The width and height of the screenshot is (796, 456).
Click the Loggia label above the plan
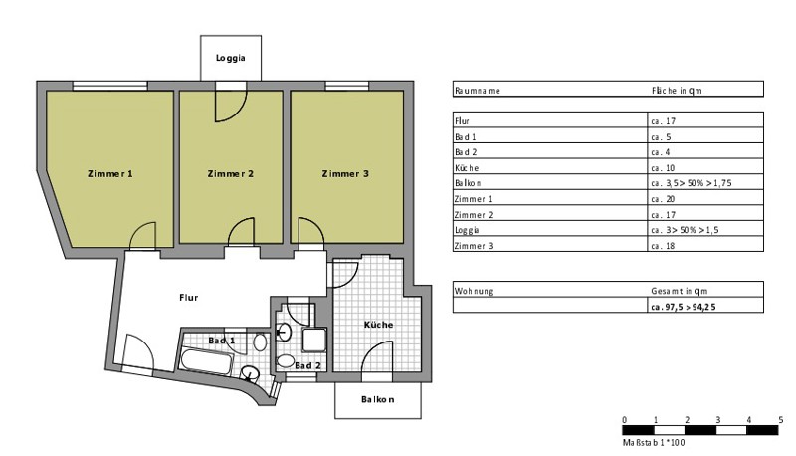click(x=231, y=58)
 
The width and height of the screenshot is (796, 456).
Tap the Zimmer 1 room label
click(x=110, y=173)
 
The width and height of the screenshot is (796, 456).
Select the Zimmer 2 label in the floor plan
click(x=231, y=173)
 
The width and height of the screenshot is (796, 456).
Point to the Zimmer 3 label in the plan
click(x=345, y=173)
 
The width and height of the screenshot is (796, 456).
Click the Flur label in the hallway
click(x=188, y=297)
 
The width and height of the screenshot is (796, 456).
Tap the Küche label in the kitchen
click(x=378, y=324)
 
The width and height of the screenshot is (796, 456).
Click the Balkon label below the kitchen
click(x=378, y=399)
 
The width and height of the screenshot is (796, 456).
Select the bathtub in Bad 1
click(x=207, y=361)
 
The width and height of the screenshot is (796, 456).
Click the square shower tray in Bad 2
click(x=314, y=340)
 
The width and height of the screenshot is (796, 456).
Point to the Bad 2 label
click(x=307, y=365)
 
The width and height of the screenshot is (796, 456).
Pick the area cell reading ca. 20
click(x=663, y=199)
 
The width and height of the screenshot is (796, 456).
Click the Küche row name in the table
click(x=467, y=168)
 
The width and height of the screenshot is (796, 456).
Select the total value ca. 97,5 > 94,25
click(x=684, y=307)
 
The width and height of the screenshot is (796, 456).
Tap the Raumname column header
click(x=478, y=91)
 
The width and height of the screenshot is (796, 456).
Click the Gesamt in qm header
click(x=680, y=291)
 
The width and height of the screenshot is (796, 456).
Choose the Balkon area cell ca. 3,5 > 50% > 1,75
click(x=692, y=183)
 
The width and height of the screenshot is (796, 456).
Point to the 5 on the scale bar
click(x=780, y=420)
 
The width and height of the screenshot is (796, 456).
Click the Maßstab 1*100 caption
click(x=654, y=443)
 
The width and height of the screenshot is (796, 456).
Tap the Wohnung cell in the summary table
click(x=474, y=291)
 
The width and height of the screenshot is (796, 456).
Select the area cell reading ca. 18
click(x=663, y=246)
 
